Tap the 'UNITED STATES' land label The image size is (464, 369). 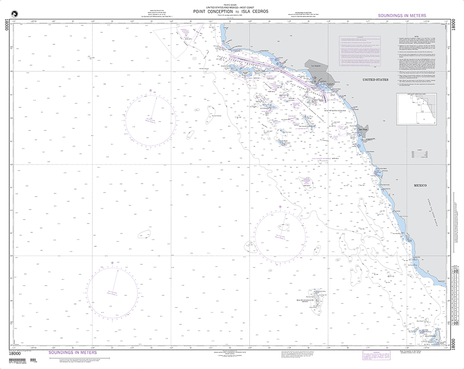375,80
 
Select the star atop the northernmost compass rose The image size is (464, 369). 150,90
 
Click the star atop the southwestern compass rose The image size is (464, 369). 112,263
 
